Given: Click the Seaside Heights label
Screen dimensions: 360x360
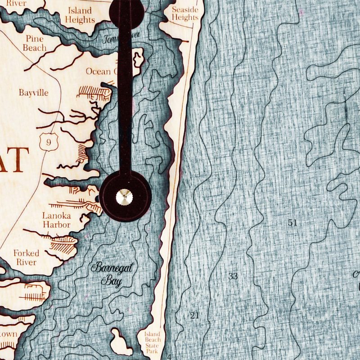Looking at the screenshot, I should [x=185, y=13].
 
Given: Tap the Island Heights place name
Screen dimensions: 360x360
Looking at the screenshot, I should [x=80, y=15].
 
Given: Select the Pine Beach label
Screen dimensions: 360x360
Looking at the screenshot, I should [x=35, y=43].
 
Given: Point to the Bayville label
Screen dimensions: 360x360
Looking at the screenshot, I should [x=33, y=93].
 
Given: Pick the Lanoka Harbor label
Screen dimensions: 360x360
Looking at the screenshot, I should [x=56, y=220].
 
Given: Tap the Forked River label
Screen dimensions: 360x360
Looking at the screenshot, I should [x=26, y=257].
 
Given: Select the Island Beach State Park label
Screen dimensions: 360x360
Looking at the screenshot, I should [x=152, y=343].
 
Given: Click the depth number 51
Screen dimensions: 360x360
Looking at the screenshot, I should [x=292, y=222].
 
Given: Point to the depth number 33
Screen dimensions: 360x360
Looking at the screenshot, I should [x=233, y=276].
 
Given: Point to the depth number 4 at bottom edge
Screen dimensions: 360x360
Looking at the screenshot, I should [x=169, y=357].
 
